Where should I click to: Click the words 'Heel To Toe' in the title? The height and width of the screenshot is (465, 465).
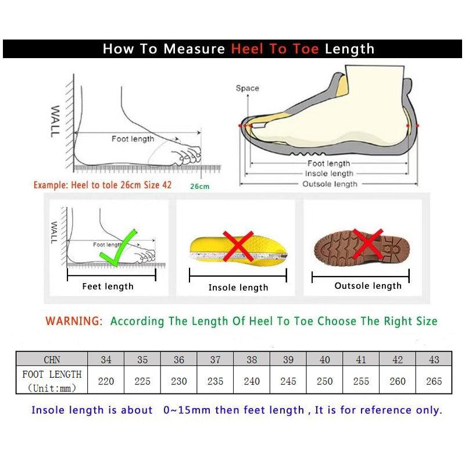(275, 49)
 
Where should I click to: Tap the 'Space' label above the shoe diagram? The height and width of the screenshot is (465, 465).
(247, 88)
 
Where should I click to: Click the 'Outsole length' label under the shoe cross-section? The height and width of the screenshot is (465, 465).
(330, 184)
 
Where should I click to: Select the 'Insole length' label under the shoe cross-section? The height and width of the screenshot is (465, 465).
(329, 174)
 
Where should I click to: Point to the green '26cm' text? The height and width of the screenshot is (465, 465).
(199, 187)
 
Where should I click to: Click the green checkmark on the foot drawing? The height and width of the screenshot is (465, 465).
(119, 249)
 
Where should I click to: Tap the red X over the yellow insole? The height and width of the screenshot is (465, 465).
(238, 245)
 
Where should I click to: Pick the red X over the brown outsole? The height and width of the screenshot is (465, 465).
(367, 244)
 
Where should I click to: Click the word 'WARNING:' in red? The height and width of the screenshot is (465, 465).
(74, 321)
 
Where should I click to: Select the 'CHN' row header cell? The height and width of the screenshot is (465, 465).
(52, 360)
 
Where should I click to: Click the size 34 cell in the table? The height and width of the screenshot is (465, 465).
(106, 360)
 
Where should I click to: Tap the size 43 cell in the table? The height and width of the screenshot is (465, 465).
(434, 360)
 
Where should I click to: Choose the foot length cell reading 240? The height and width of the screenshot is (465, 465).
(252, 381)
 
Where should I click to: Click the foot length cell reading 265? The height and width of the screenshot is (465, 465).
(434, 381)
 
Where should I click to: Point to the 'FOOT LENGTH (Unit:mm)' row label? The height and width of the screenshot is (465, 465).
(52, 381)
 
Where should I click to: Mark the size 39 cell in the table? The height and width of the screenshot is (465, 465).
(288, 360)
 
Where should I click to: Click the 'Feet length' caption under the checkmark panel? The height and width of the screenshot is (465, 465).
(108, 286)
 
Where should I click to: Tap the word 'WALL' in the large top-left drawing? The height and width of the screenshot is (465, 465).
(55, 121)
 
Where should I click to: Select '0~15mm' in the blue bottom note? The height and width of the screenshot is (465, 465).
(187, 410)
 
